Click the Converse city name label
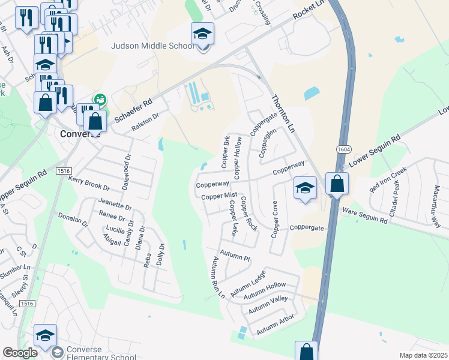point(80,134)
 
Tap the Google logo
point(20,353)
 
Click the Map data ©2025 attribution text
point(423,355)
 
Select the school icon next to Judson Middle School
point(203,35)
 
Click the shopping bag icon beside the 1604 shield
point(337,184)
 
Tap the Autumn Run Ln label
point(217,278)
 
